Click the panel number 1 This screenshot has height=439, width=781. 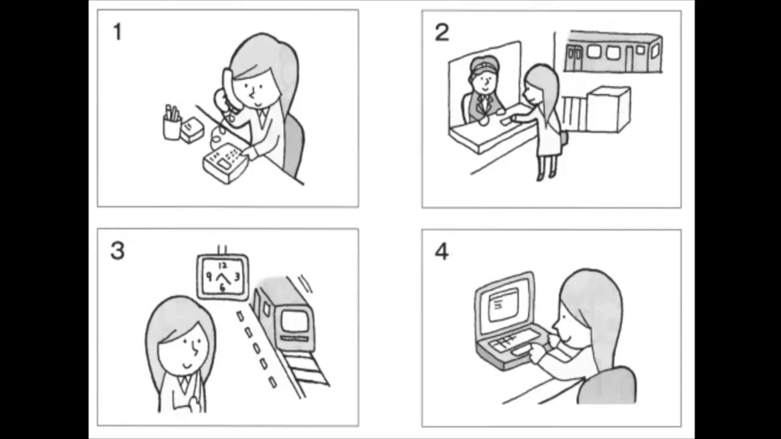click(x=118, y=32)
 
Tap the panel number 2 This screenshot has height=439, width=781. click(x=442, y=33)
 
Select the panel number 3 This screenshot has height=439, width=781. click(x=118, y=251)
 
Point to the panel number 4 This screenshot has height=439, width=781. click(x=441, y=252)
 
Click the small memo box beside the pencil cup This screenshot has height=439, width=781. click(x=192, y=130)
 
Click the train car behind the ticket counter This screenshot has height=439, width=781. click(x=614, y=52)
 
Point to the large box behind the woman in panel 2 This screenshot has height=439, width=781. click(x=609, y=109)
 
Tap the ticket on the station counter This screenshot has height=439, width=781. click(x=506, y=121)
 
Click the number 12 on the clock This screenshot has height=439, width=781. click(x=223, y=266)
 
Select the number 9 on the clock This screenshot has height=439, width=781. click(x=209, y=277)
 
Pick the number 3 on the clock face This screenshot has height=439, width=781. click(x=237, y=277)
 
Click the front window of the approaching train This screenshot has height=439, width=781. click(x=295, y=321)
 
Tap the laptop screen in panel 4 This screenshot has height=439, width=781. click(x=504, y=306)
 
